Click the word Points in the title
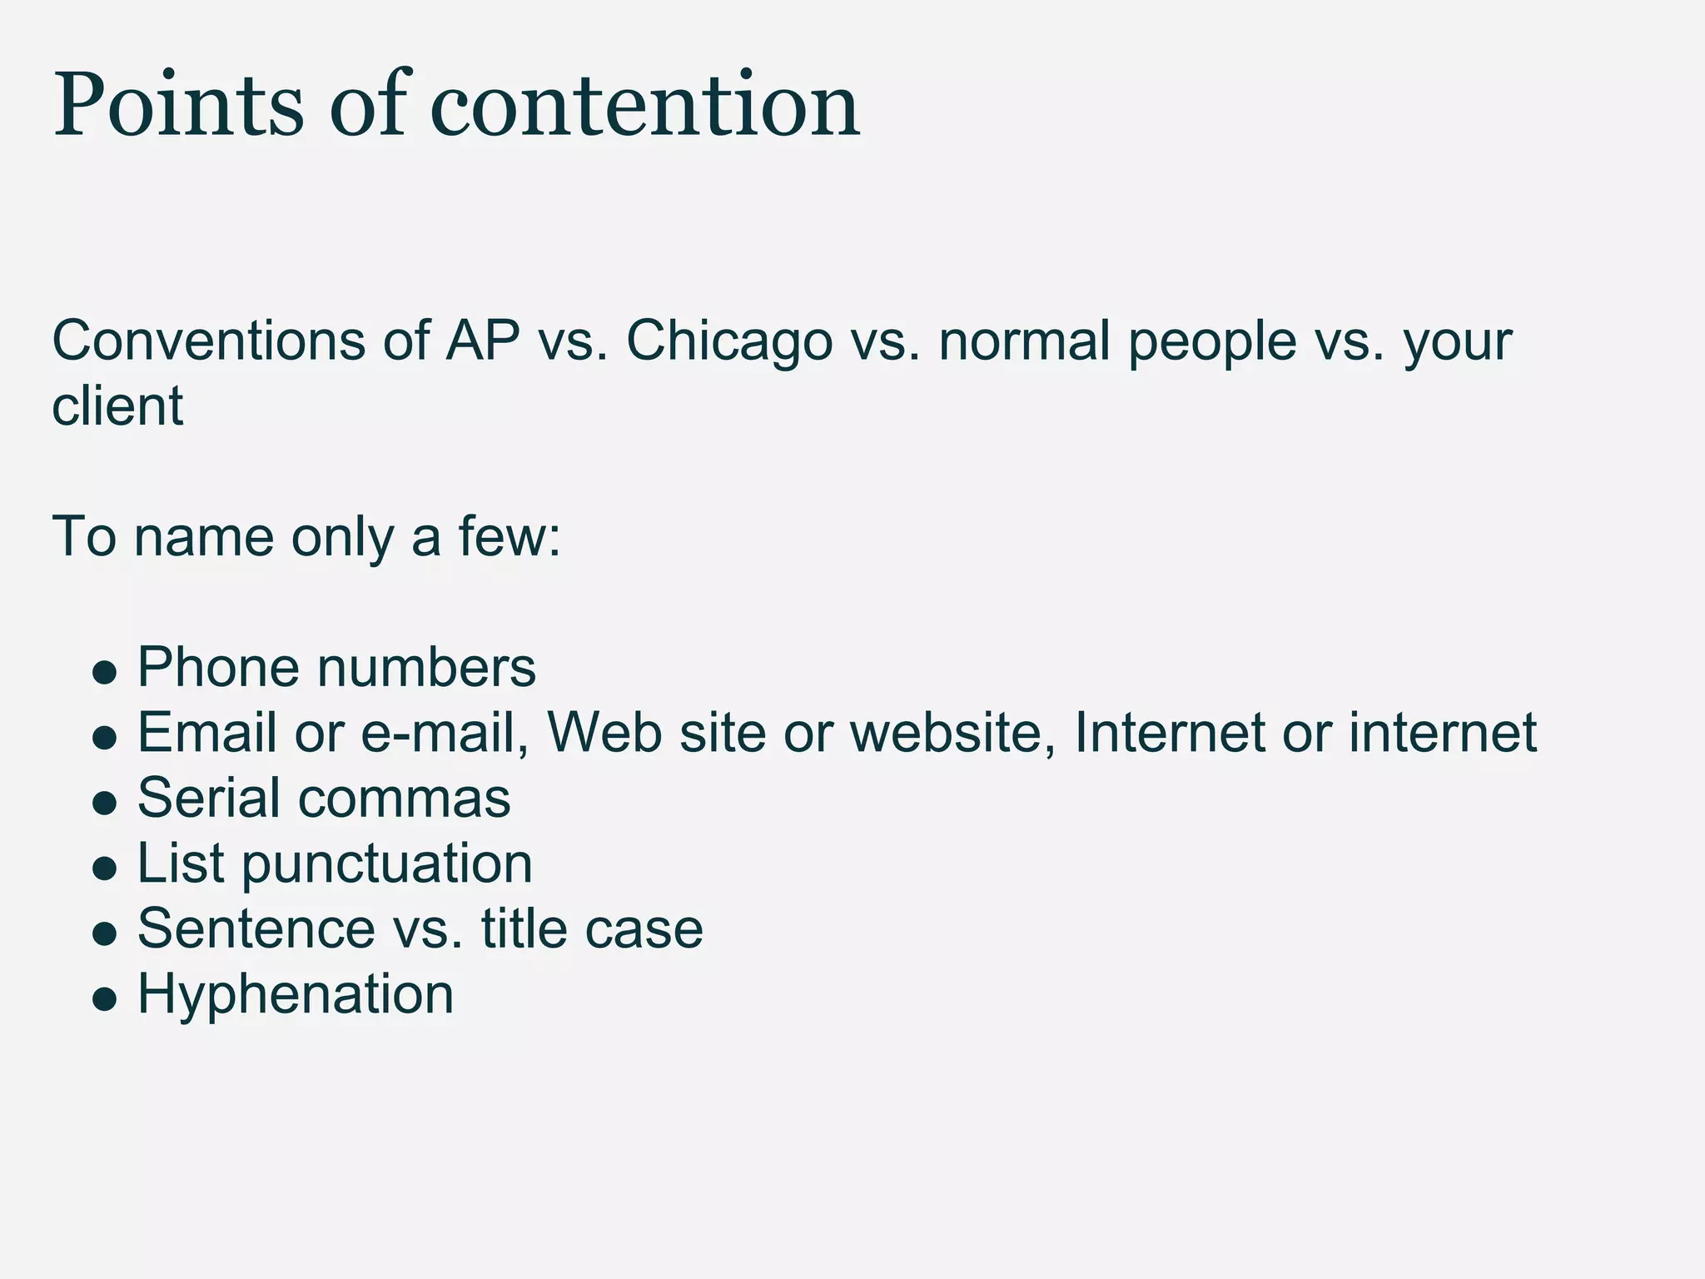click(x=179, y=106)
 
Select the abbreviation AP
click(x=483, y=341)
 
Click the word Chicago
click(x=729, y=341)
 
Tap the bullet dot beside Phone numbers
click(x=104, y=672)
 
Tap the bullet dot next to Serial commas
click(x=104, y=802)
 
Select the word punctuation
click(x=387, y=863)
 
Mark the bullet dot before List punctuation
click(x=104, y=868)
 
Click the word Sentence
click(x=256, y=928)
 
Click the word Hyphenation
click(x=296, y=993)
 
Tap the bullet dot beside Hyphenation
click(x=104, y=998)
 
